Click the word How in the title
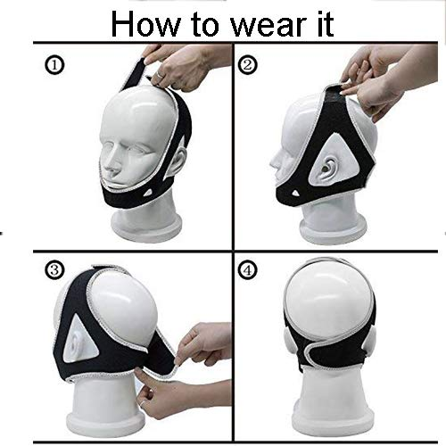pyautogui.click(x=145, y=24)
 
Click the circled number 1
pyautogui.click(x=54, y=66)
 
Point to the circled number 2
pyautogui.click(x=247, y=65)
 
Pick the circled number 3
pyautogui.click(x=54, y=270)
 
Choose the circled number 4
pyautogui.click(x=247, y=270)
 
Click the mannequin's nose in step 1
pyautogui.click(x=111, y=167)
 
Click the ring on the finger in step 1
pyautogui.click(x=160, y=75)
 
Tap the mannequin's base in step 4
pyautogui.click(x=333, y=417)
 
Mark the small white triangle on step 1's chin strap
pyautogui.click(x=148, y=193)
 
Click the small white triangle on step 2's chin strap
pyautogui.click(x=295, y=194)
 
